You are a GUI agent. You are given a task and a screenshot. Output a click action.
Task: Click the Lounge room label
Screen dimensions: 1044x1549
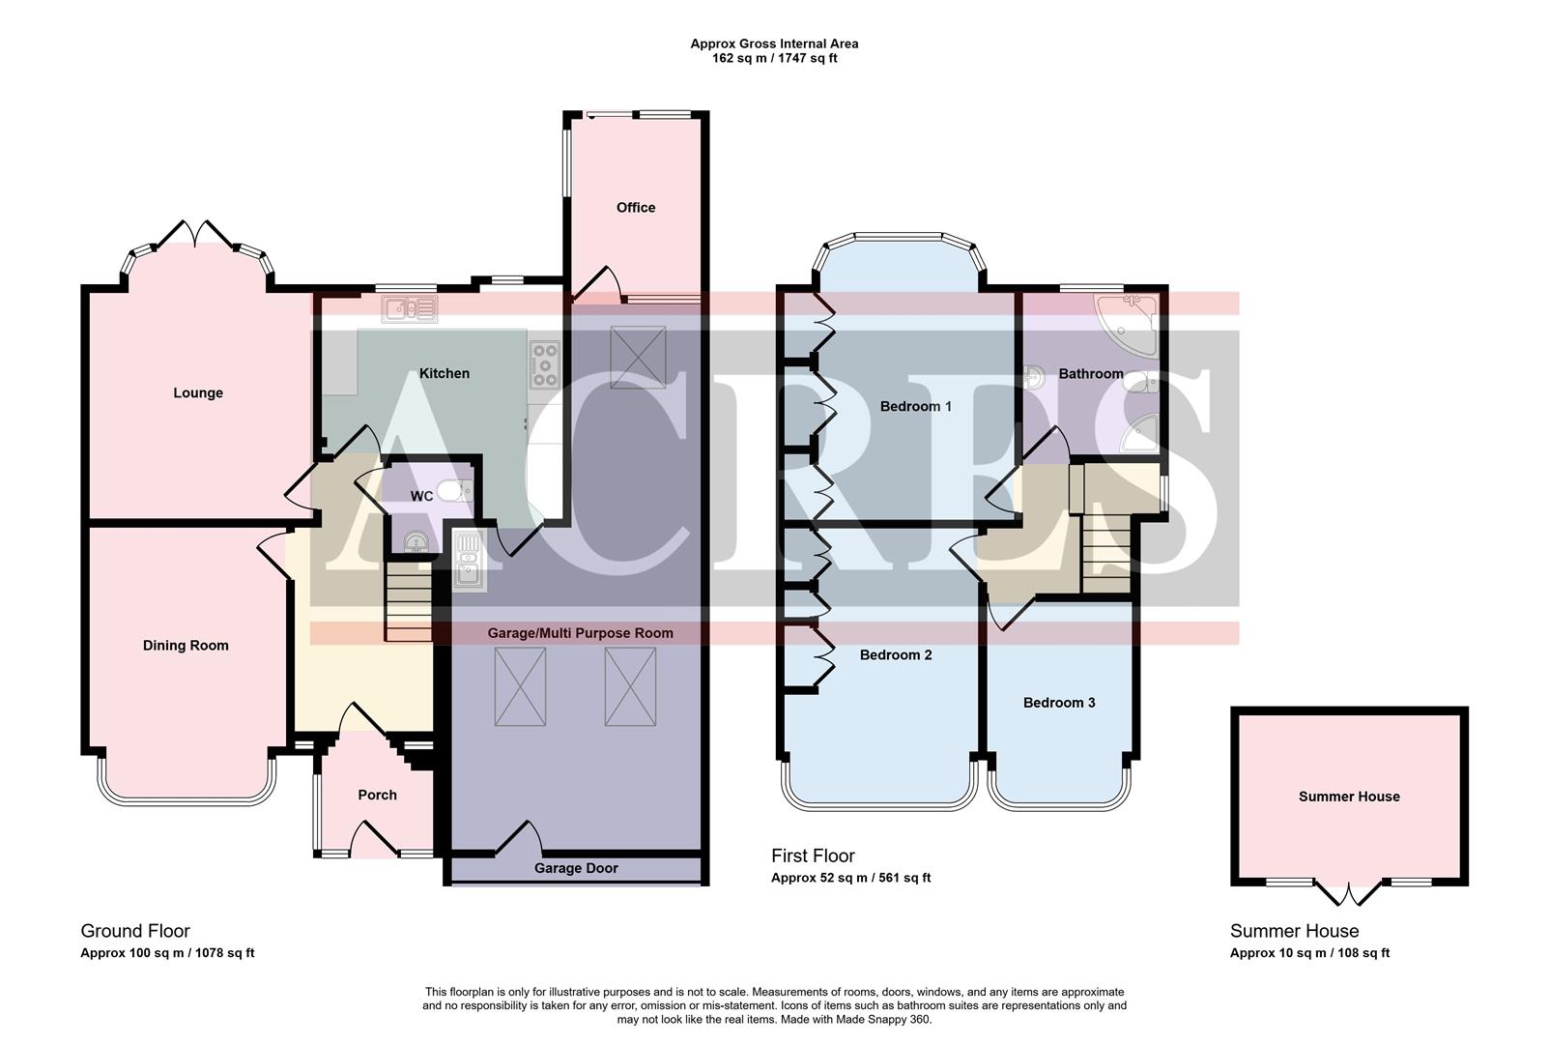(x=198, y=392)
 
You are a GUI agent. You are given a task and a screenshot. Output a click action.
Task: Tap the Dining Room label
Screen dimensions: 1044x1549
(x=186, y=646)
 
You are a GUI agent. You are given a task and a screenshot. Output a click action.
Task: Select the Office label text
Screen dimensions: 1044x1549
(x=636, y=207)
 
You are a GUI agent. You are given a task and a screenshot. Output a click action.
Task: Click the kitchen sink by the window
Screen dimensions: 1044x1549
(x=410, y=309)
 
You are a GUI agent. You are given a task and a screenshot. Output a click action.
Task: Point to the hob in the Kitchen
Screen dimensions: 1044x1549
(x=544, y=364)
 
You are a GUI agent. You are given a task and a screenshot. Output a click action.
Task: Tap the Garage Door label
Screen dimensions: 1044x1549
(x=576, y=868)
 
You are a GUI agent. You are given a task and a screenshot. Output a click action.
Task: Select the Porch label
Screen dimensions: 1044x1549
(x=377, y=795)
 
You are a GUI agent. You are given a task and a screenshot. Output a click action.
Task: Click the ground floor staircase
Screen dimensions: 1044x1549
(x=408, y=600)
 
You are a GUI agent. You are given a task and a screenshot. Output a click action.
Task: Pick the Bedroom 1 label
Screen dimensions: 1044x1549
(x=915, y=406)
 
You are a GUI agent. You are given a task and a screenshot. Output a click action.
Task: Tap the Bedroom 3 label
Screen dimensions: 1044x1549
(x=1059, y=703)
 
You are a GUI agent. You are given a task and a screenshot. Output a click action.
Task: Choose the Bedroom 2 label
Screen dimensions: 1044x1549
(x=896, y=654)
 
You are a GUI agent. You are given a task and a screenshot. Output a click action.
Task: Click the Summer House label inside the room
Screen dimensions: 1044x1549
(x=1349, y=797)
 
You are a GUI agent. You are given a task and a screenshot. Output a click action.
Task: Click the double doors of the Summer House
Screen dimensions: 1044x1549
(x=1350, y=893)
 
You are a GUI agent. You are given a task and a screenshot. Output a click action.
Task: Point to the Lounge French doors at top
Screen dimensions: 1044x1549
(x=196, y=232)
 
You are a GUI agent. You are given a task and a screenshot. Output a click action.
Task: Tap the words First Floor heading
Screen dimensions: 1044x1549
(x=813, y=855)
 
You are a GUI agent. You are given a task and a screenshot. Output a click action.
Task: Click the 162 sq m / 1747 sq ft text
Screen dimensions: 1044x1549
(x=774, y=58)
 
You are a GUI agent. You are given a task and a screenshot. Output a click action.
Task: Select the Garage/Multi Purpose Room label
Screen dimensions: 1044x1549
(x=580, y=633)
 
